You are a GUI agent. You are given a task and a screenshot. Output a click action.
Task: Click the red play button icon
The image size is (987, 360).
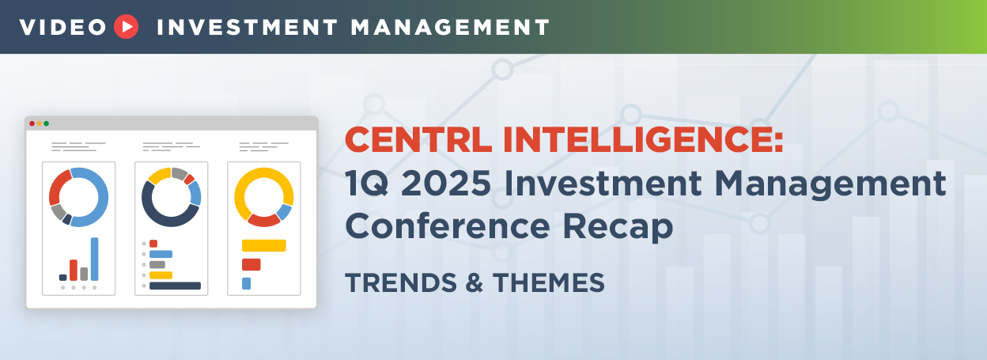[x=126, y=27]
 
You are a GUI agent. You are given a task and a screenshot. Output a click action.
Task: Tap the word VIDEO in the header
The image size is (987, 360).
[x=63, y=28]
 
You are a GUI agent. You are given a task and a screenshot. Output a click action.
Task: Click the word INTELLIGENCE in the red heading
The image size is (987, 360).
[x=643, y=140]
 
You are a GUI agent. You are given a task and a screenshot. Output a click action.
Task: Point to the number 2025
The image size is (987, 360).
[x=446, y=184]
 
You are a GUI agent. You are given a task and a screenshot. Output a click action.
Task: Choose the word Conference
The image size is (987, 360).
[x=448, y=226]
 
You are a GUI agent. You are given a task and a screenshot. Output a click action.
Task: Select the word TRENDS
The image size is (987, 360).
[x=401, y=282]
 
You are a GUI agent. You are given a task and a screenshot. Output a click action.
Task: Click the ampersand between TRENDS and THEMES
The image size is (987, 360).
[x=475, y=282]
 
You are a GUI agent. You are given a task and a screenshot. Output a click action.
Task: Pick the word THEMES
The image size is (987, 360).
[x=549, y=282]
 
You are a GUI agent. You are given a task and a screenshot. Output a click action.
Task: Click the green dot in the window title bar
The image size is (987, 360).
[x=46, y=123]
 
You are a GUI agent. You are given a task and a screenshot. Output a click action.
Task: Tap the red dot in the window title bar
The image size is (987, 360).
[x=32, y=123]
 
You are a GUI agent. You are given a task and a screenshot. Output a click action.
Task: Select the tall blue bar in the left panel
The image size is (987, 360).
[x=95, y=259]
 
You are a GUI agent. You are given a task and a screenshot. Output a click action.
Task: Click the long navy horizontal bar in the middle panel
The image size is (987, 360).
[x=175, y=286]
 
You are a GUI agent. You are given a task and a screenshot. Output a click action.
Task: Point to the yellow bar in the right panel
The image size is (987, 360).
[x=264, y=245]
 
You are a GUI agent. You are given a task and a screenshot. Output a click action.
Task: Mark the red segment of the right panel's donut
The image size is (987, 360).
[x=263, y=220]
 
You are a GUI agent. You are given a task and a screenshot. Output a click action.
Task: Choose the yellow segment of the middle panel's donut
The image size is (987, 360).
[x=159, y=175]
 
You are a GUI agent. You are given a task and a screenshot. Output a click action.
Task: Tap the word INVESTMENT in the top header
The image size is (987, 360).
[x=248, y=28]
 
